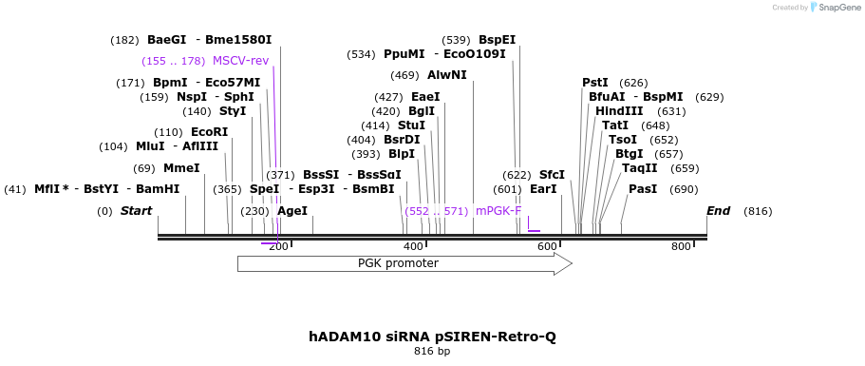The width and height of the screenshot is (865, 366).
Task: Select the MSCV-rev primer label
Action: tap(240, 61)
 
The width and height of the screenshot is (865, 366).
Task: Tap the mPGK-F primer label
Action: tap(498, 211)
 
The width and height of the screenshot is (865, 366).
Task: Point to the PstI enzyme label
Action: tap(595, 83)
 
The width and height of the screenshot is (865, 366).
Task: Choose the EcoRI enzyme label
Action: tap(209, 132)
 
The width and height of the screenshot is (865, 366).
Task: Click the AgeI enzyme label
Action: tap(292, 211)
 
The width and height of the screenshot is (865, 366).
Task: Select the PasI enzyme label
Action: tap(643, 189)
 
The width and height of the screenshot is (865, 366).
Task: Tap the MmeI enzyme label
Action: tap(181, 168)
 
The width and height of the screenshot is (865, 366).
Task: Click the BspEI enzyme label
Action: tap(497, 40)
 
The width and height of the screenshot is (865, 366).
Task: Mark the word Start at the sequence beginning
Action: tap(136, 211)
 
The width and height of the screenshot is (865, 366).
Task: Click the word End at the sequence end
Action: tap(719, 211)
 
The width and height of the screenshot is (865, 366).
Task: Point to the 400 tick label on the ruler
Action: tap(413, 247)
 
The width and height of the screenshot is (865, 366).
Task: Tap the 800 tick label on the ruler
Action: tap(681, 247)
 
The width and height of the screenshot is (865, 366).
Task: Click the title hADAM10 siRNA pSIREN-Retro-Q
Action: tap(432, 337)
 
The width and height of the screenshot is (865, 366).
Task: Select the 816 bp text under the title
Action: tap(432, 352)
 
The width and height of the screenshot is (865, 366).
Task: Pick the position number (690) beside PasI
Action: tap(684, 189)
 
